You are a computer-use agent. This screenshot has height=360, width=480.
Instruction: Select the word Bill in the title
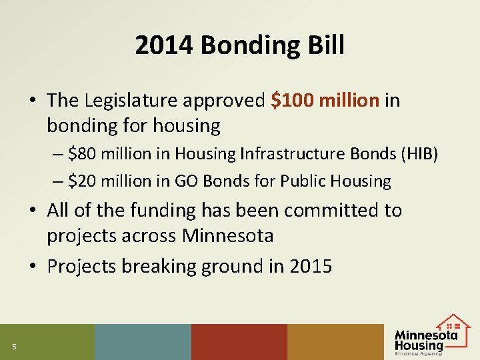tap(327, 46)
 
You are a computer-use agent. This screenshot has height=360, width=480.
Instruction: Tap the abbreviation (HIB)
tap(417, 154)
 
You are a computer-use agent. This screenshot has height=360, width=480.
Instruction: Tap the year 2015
tap(311, 266)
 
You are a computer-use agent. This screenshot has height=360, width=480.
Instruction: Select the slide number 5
tap(13, 345)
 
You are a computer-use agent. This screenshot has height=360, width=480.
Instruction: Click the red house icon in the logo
tap(454, 323)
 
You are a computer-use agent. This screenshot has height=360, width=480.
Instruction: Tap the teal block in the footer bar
tap(143, 342)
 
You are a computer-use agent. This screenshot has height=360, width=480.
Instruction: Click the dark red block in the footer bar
tap(239, 342)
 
